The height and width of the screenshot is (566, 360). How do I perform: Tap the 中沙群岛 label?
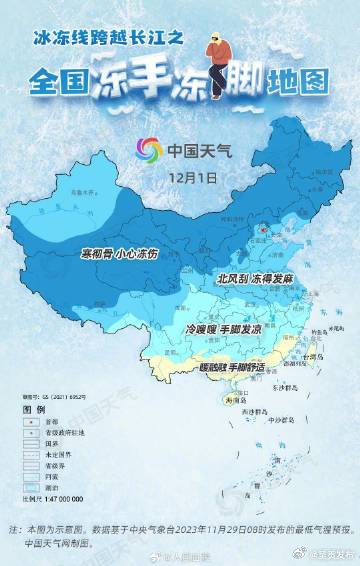(x=289, y=419)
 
